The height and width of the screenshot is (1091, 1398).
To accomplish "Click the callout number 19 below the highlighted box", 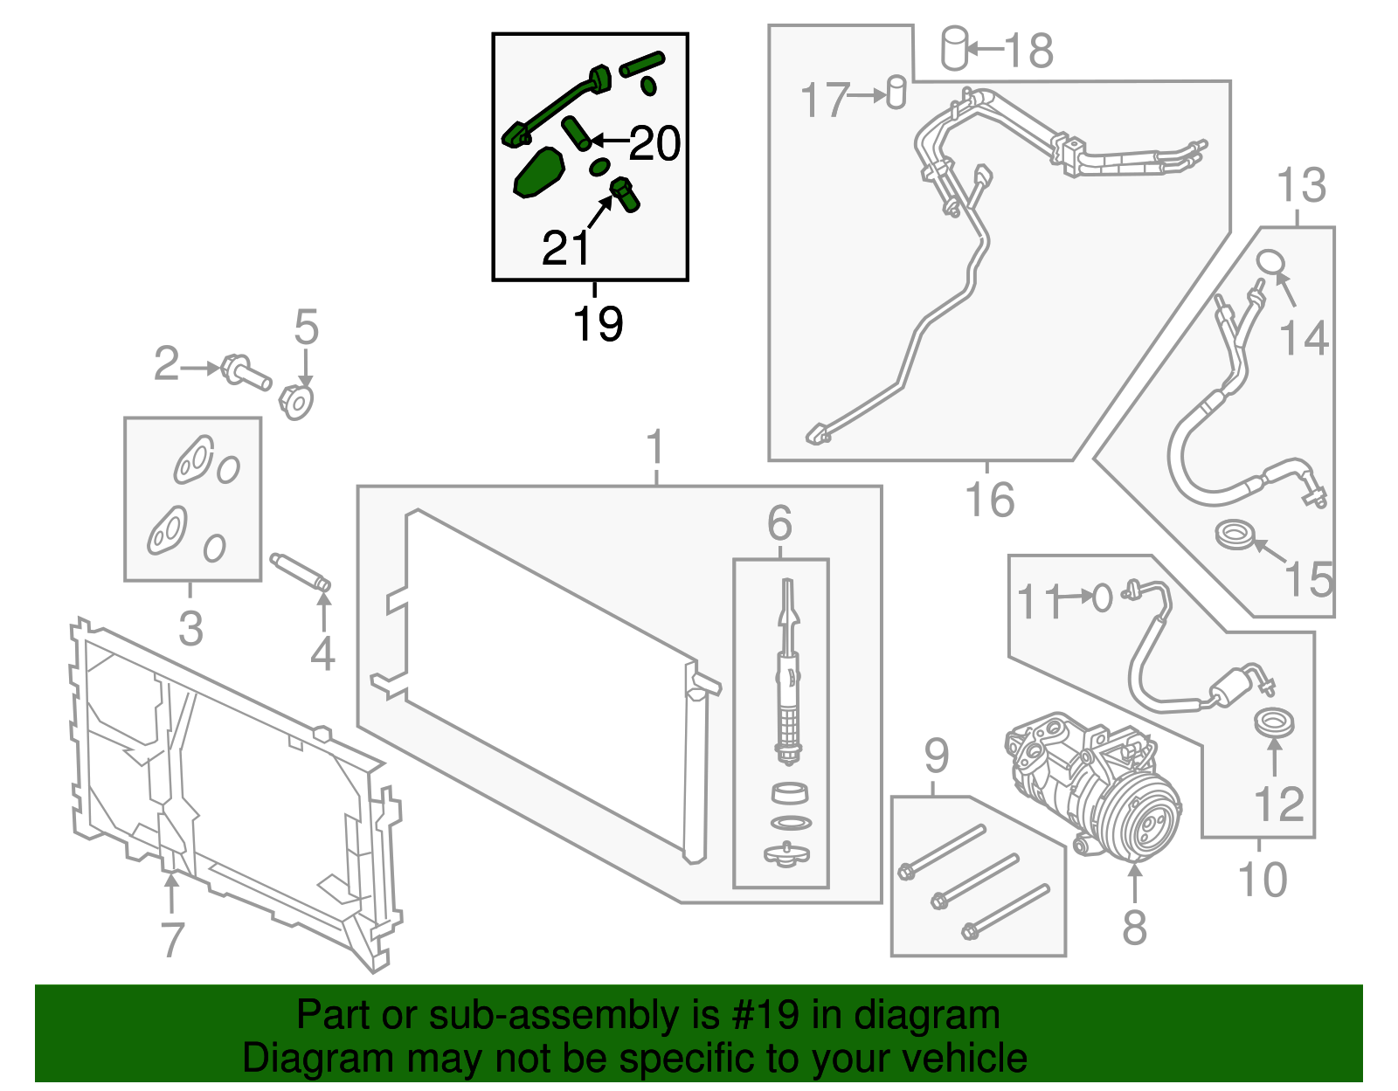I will (598, 324).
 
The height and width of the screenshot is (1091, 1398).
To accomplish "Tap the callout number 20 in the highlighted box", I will (654, 143).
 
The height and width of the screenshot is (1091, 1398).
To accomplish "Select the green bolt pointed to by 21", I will (624, 194).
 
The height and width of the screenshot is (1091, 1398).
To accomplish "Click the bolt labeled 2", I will (246, 372).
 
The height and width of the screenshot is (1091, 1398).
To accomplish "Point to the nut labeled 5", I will (296, 401).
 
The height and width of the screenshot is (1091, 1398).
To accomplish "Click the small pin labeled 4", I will (301, 572).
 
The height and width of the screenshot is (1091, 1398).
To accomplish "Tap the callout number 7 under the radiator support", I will (173, 940).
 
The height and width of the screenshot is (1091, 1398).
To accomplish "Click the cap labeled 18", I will (954, 48).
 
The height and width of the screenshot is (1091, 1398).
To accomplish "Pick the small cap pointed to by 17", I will (896, 92).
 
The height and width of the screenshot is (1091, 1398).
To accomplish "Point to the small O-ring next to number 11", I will (1103, 598).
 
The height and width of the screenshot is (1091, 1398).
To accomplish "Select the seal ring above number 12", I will (1274, 723).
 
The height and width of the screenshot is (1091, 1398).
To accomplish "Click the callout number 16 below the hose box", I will (989, 500).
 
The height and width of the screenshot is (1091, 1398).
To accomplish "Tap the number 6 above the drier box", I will (779, 524).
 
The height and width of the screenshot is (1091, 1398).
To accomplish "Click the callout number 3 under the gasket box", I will (190, 628).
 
